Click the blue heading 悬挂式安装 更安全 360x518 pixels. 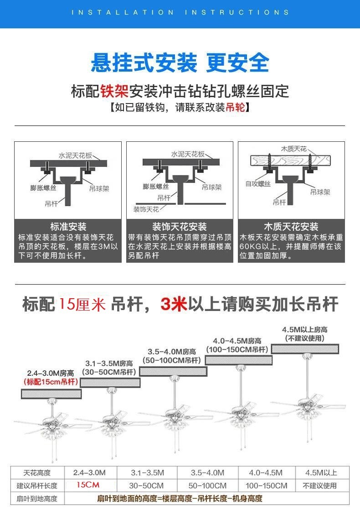180,63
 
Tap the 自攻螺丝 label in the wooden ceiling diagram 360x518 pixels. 258,184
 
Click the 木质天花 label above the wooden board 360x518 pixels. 293,149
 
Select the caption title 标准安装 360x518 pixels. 68,227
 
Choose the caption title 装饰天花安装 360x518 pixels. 179,227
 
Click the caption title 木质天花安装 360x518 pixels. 291,227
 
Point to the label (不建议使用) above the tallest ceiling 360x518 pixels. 305,338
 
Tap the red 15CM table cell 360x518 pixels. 88,485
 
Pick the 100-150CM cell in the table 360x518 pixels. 266,485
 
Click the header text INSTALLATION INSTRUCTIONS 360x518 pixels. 180,12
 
